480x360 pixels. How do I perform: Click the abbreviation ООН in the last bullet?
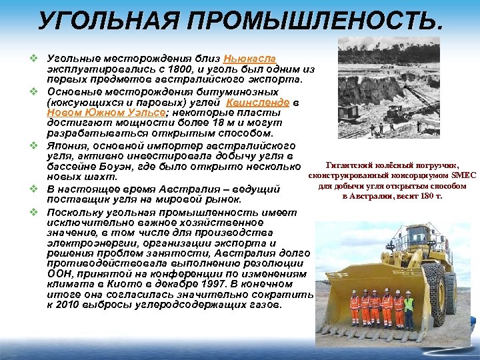pos(61,274)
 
